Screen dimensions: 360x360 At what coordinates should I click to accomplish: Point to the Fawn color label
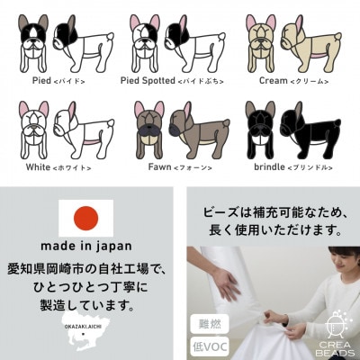[x=160, y=167]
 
